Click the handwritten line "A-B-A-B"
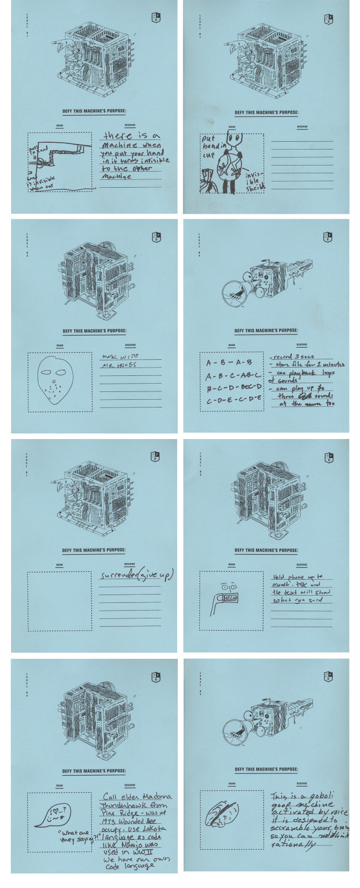(x=229, y=363)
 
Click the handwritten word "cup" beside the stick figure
(x=208, y=156)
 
